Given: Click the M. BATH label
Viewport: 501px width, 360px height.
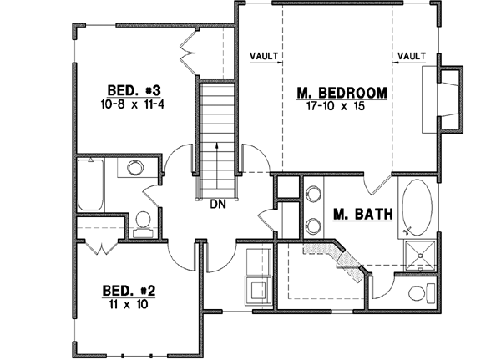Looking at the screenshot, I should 362,215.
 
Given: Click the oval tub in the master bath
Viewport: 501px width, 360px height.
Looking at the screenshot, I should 416,208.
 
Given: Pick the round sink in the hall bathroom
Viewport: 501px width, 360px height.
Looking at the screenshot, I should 132,170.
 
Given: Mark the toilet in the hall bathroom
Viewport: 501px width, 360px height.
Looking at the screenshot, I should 142,221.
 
